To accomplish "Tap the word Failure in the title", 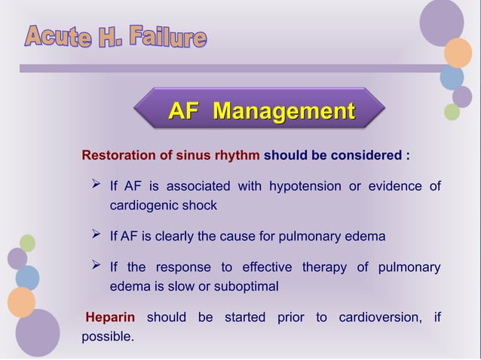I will click(x=167, y=35).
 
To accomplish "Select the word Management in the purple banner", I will click(x=283, y=112).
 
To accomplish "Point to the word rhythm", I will click(x=237, y=157).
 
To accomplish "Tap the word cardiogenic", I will click(x=142, y=205).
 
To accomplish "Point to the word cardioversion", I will click(x=381, y=317).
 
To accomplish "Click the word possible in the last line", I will click(x=106, y=336).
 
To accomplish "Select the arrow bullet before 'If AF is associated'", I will click(x=96, y=185).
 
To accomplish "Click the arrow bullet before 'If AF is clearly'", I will click(x=96, y=236).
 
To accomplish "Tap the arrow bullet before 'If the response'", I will click(x=96, y=267).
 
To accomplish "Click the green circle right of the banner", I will click(x=452, y=112).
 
